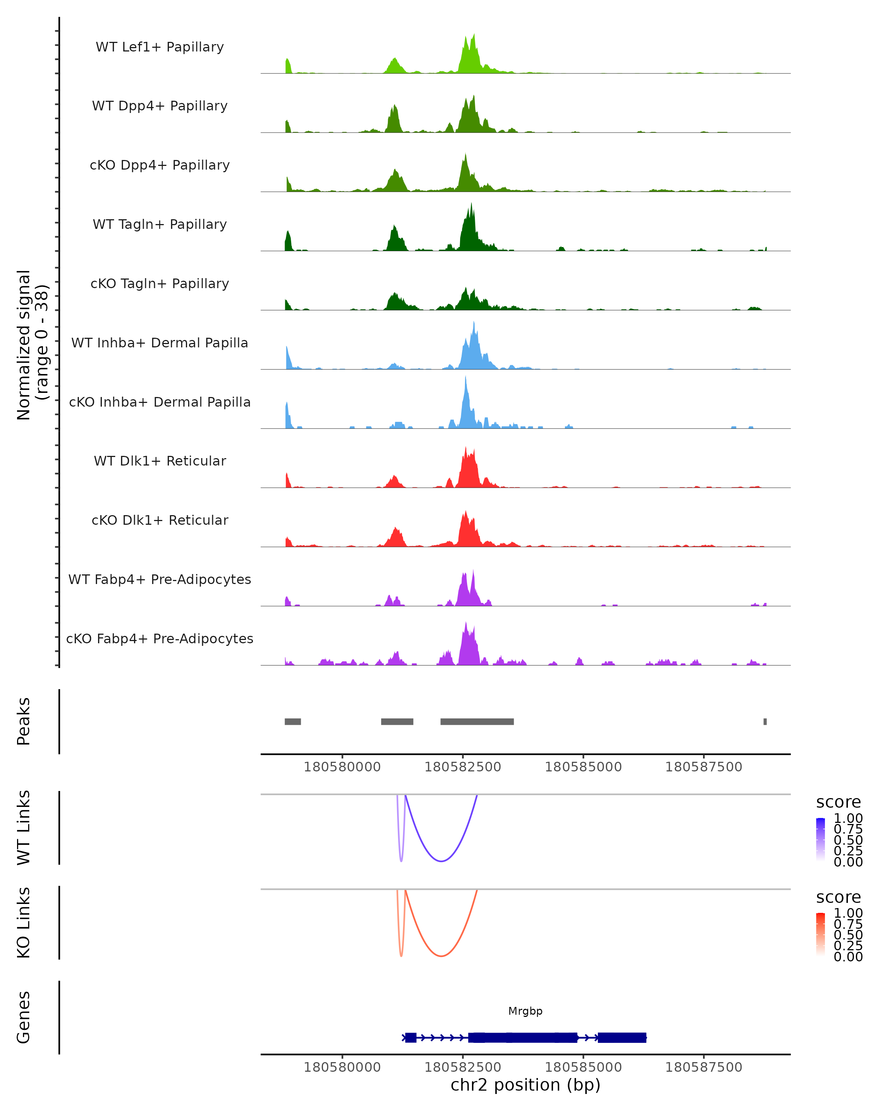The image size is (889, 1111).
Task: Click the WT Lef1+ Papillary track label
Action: tap(160, 47)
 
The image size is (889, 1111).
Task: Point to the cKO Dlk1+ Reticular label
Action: tap(160, 520)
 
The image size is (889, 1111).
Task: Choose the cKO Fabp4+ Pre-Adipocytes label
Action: tap(160, 638)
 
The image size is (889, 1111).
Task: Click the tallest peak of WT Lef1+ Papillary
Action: tap(474, 35)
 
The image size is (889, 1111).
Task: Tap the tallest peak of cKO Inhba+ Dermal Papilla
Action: tap(465, 378)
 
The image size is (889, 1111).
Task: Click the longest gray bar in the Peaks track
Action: tap(477, 721)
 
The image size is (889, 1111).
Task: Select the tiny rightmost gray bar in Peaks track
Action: tap(765, 721)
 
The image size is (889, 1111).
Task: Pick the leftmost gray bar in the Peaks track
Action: tap(293, 721)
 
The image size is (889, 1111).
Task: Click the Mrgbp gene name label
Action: tap(525, 1011)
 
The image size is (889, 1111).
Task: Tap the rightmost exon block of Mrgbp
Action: tap(622, 1037)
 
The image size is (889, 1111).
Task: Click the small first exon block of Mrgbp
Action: tap(411, 1037)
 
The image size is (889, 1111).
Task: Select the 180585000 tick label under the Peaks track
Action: tap(583, 767)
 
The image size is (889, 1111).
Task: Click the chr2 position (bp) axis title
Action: tap(525, 1085)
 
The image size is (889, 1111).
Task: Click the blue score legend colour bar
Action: tap(820, 839)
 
